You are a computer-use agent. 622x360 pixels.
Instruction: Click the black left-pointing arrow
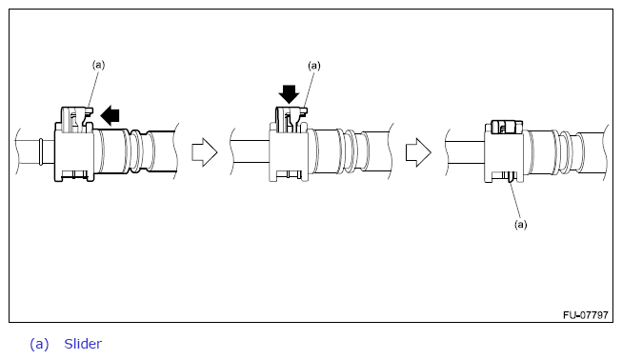[110, 116]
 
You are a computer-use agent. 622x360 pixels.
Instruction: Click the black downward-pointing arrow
[289, 94]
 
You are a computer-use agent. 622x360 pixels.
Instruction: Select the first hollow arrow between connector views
[205, 152]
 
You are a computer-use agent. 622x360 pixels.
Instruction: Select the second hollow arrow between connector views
[418, 152]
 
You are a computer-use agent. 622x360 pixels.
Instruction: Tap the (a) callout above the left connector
[98, 65]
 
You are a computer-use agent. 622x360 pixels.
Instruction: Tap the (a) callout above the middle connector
[314, 66]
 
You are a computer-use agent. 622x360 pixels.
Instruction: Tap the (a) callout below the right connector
[521, 225]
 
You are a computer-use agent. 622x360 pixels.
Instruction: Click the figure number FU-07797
[585, 315]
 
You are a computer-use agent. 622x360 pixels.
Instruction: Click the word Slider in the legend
[83, 344]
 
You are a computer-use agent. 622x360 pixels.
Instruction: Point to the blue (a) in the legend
[39, 344]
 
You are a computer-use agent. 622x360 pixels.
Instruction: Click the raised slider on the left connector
[76, 119]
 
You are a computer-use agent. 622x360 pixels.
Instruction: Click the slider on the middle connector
[291, 119]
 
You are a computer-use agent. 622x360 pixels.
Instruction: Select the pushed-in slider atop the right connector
[507, 127]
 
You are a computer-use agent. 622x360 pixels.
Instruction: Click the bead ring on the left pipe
[41, 151]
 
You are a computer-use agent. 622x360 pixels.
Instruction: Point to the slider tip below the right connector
[511, 177]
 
